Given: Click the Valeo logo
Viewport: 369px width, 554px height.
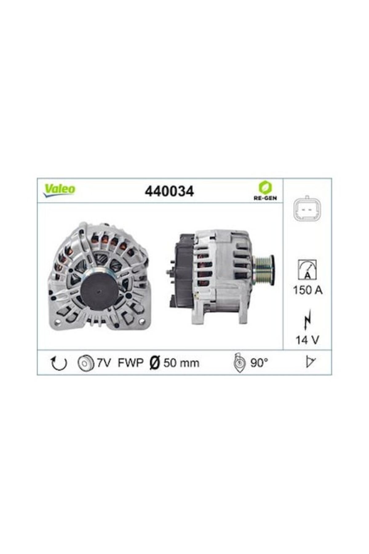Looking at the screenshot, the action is coord(59,190).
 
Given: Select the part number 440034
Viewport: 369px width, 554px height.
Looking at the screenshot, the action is coord(169,191).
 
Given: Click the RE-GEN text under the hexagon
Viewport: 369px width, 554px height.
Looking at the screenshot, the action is coord(265,198).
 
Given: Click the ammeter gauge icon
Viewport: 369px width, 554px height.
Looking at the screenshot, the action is coord(307,270).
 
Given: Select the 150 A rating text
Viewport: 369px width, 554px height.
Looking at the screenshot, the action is coord(307,290).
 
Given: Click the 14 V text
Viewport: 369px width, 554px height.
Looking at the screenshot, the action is coord(307,340).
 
